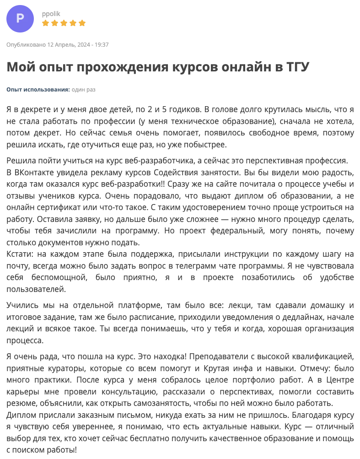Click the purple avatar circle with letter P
coord(20,19)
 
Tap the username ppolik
coord(51,14)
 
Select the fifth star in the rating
coord(82,23)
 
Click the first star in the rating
coord(45,23)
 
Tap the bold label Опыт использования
coord(38,90)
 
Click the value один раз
coord(84,90)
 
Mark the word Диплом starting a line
coord(20,416)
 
